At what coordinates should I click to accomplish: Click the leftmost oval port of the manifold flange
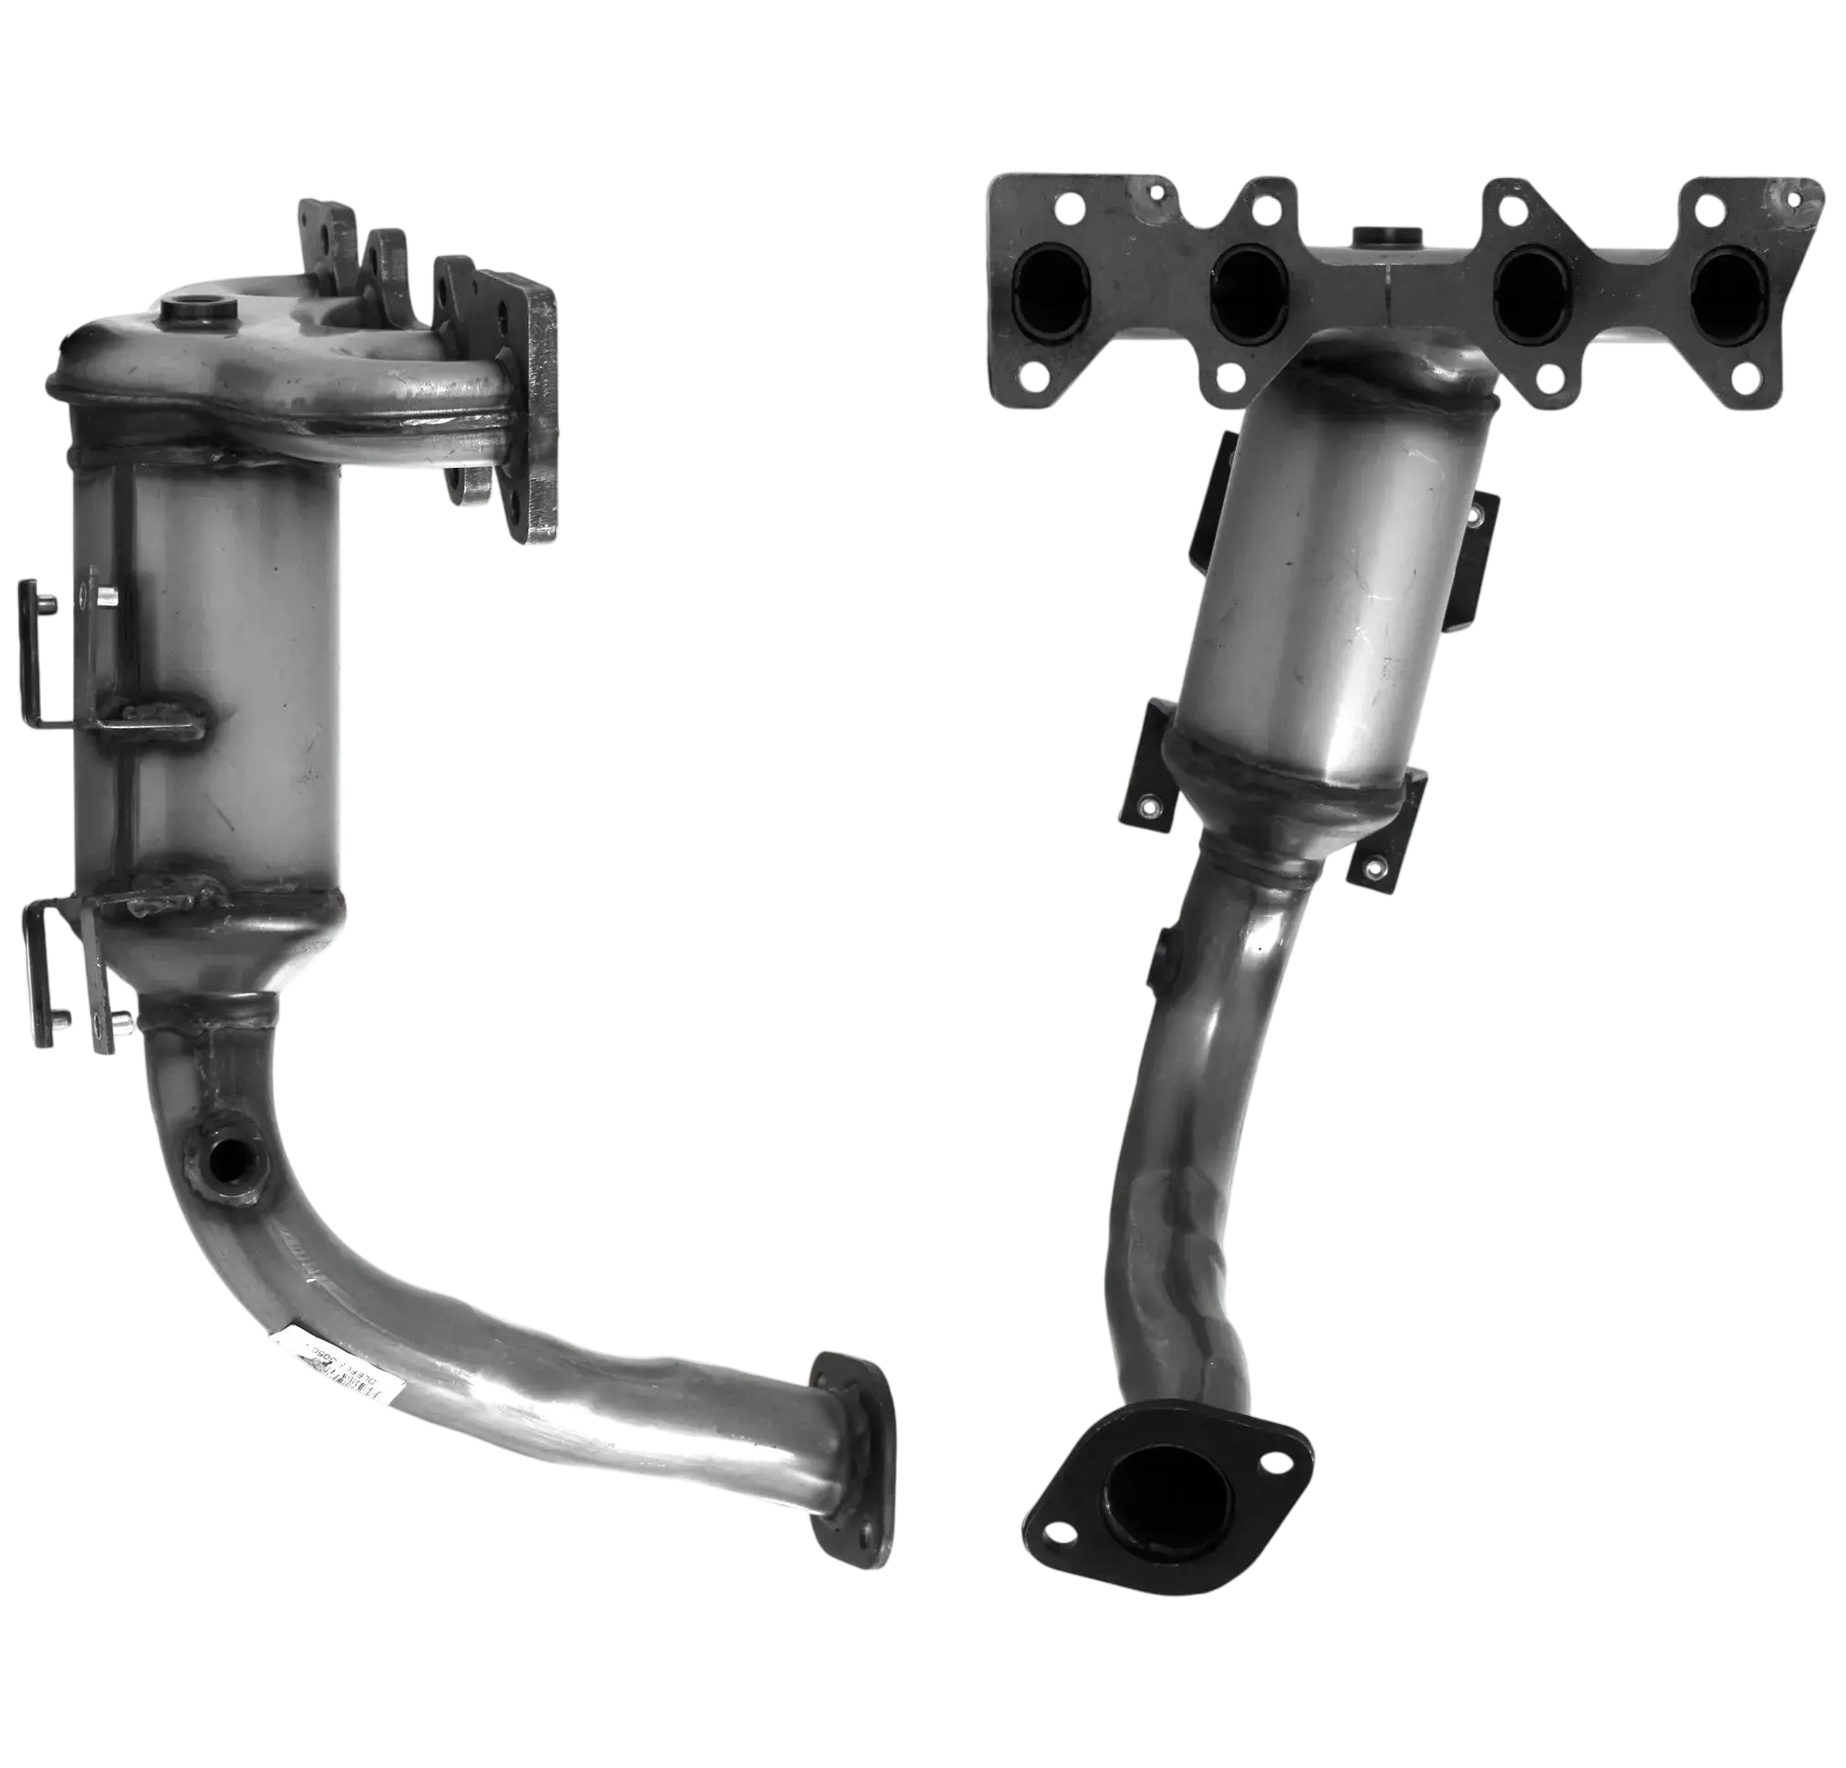1051,280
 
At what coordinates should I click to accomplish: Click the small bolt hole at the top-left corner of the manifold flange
1068,203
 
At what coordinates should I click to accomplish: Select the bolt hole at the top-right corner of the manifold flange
1791,199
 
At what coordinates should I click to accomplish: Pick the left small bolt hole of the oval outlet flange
1062,1532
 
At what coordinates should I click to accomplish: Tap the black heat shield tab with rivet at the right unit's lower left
1147,806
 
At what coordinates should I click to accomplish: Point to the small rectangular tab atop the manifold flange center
1385,234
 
